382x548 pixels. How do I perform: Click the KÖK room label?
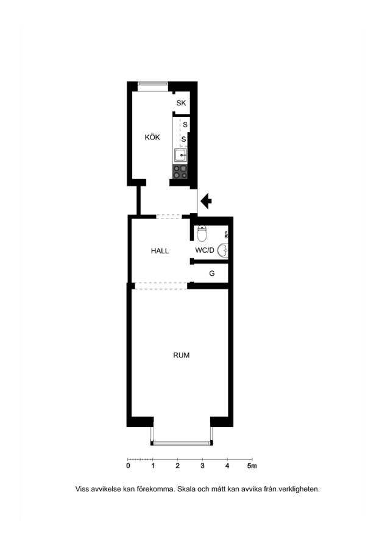[x=152, y=137]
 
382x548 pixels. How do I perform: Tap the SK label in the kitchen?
[x=181, y=103]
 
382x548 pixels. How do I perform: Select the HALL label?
[x=160, y=251]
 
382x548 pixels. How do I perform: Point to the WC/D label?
[x=205, y=250]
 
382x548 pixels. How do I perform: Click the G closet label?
[x=212, y=273]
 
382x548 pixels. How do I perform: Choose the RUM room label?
[x=181, y=355]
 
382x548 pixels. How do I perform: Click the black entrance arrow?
[x=207, y=201]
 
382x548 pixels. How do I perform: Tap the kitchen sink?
[x=180, y=155]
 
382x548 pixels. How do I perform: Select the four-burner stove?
[x=180, y=172]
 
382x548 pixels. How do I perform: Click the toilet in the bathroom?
[x=202, y=233]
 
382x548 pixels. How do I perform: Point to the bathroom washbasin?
[x=223, y=250]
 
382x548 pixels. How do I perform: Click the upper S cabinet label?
[x=185, y=124]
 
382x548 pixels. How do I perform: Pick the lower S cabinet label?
[x=183, y=139]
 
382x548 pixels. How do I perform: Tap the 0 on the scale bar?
[x=128, y=466]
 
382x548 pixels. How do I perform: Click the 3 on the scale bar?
[x=202, y=466]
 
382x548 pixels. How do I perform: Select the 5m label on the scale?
[x=252, y=466]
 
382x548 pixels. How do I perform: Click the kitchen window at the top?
[x=153, y=84]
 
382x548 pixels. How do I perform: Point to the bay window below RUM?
[x=182, y=443]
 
